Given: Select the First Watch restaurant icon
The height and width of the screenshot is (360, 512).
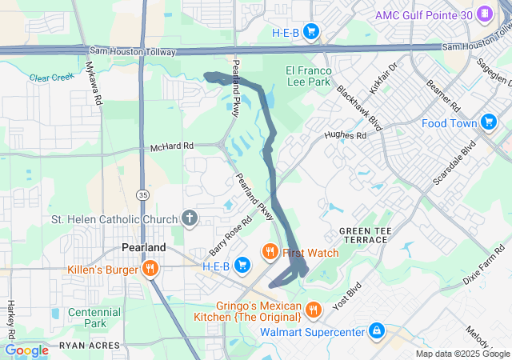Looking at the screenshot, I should (270, 253).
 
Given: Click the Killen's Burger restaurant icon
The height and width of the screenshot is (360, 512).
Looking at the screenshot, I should (149, 269).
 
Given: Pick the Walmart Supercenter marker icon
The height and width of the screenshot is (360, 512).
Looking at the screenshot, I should (376, 330).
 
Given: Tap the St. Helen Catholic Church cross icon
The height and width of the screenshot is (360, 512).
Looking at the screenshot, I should (190, 218).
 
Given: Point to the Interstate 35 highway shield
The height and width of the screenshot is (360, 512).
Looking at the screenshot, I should (142, 194).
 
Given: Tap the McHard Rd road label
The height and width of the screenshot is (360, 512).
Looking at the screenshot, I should (172, 147).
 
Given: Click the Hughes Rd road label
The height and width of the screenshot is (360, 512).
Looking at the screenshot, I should (345, 136).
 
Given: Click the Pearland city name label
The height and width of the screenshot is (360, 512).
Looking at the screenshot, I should (143, 247).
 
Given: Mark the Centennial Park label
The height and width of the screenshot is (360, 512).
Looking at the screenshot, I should (94, 318).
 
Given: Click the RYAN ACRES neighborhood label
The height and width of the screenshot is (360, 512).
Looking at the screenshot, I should (88, 347).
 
